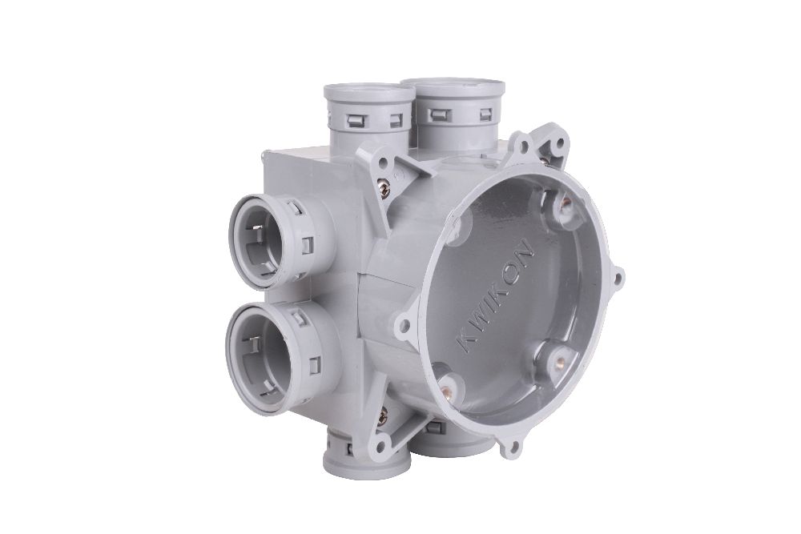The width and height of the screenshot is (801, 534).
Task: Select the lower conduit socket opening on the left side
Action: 264,355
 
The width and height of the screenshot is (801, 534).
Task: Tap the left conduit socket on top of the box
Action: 368,114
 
